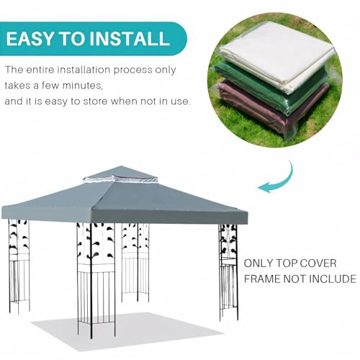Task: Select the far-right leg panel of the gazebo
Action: coord(228,266)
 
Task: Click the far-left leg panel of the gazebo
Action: coord(19,263)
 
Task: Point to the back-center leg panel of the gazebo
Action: coord(135,259)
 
